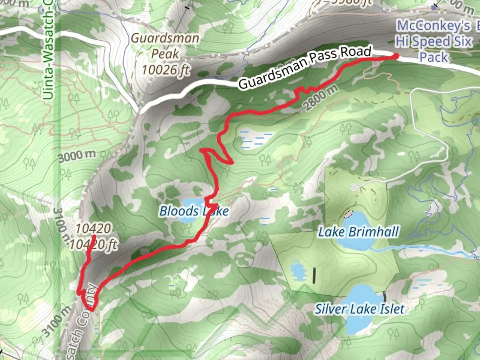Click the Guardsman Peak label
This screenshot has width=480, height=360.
click(x=165, y=46)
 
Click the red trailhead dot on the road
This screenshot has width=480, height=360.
click(x=396, y=56)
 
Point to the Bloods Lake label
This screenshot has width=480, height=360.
click(x=194, y=211)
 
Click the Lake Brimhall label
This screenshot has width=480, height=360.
click(x=358, y=232)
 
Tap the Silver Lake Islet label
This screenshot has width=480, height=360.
click(x=360, y=309)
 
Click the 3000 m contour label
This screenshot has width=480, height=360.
click(x=77, y=156)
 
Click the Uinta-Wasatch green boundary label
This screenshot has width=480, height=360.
click(x=48, y=50)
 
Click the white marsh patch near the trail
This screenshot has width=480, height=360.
click(x=255, y=139)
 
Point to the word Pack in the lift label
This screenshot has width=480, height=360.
click(x=434, y=57)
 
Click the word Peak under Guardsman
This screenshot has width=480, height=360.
click(x=165, y=54)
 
